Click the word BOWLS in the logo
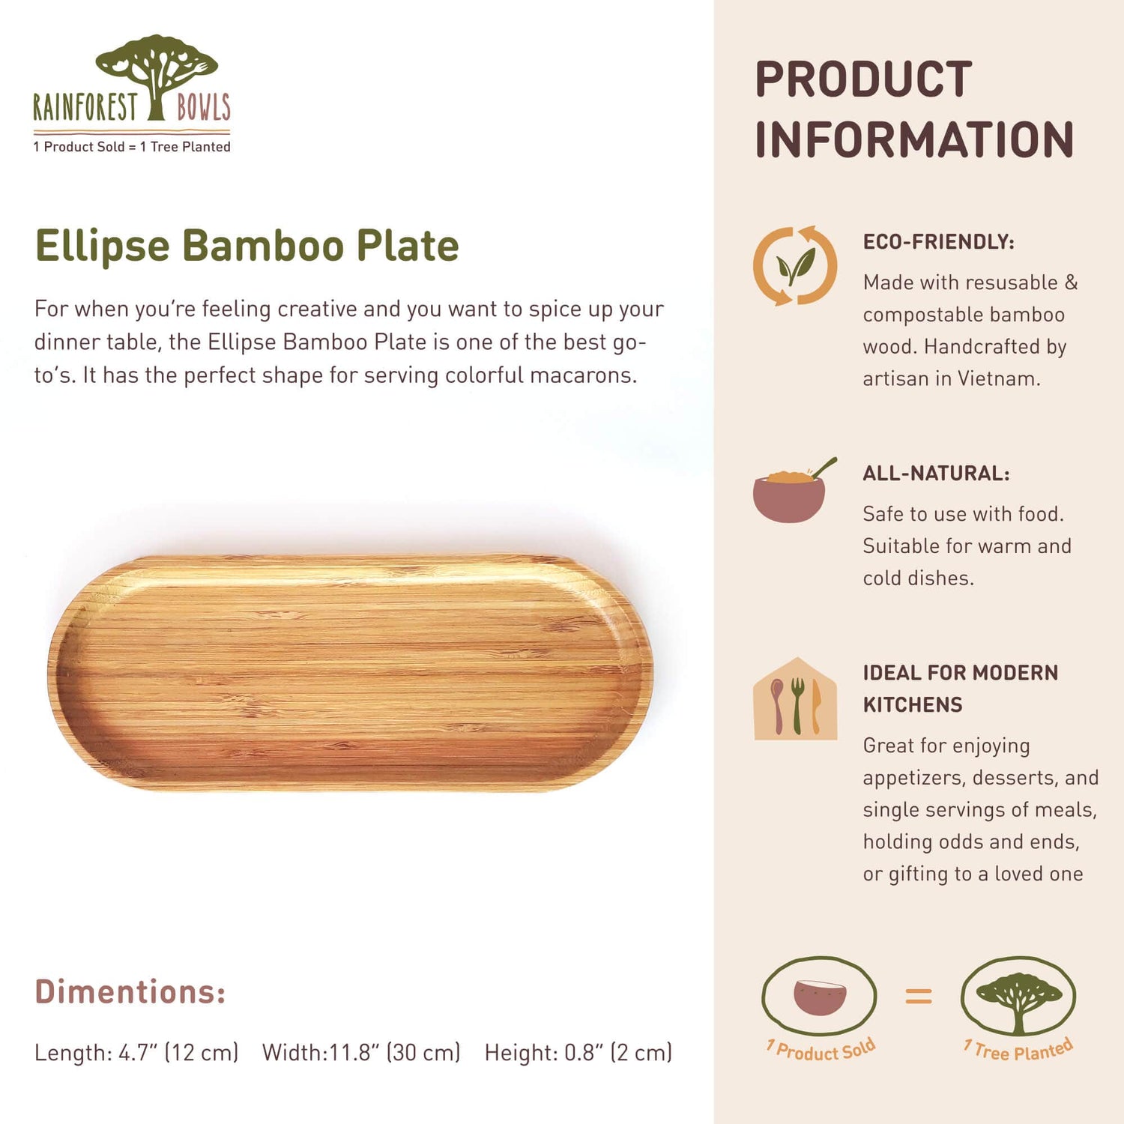203,107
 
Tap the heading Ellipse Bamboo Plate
247,246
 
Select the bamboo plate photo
350,672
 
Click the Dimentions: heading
130,991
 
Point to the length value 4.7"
137,1053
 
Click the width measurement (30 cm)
423,1053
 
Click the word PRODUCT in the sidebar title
863,79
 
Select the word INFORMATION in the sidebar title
914,140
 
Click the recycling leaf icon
795,266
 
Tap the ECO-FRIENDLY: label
938,242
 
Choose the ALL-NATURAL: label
936,474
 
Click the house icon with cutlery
795,700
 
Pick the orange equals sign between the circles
919,996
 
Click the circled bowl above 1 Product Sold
819,997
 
